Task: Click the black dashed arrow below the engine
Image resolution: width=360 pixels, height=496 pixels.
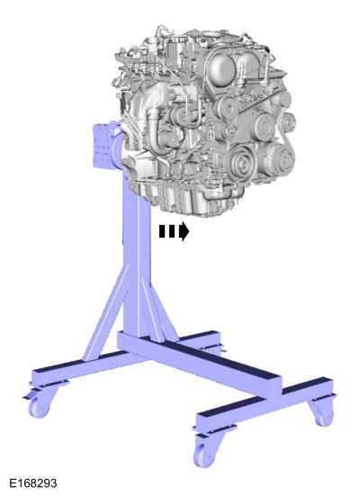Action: pyautogui.click(x=174, y=231)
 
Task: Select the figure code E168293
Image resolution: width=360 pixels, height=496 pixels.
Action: pyautogui.click(x=32, y=483)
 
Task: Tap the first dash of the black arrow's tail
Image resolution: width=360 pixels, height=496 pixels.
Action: pyautogui.click(x=162, y=231)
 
